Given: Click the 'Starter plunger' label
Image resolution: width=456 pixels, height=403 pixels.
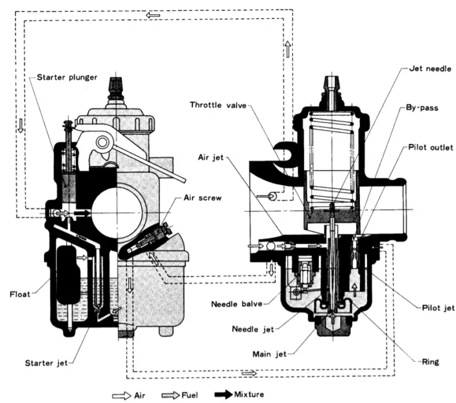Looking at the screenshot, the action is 67,77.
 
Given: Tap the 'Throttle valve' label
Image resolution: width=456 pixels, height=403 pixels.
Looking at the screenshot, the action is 218,105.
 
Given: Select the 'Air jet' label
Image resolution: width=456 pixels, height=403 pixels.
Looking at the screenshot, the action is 211,158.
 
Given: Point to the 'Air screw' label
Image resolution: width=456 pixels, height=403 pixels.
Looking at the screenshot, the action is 202,198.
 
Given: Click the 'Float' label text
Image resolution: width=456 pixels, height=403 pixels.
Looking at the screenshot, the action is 20,294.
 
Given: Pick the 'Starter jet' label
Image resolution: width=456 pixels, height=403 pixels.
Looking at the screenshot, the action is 46,363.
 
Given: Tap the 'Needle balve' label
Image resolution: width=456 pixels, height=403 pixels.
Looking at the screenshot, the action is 237,304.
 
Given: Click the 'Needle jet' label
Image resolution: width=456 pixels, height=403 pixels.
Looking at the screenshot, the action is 253,329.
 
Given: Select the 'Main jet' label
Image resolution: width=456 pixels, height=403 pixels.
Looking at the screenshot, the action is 270,354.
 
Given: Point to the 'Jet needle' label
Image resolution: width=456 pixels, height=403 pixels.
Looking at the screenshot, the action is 430,69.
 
